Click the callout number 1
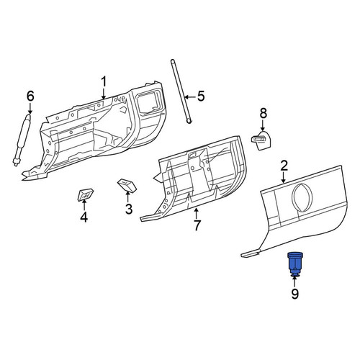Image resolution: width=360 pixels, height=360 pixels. click(x=104, y=82)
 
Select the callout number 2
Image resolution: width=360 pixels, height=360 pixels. click(x=284, y=166)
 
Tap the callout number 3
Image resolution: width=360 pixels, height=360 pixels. click(x=129, y=209)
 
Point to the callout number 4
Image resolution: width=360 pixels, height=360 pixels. click(x=84, y=217)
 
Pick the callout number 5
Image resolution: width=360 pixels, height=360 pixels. click(x=201, y=96)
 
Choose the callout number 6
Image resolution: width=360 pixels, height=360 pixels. click(x=30, y=96)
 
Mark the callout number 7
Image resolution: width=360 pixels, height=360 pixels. click(x=197, y=225)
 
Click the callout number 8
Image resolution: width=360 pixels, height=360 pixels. click(x=264, y=113)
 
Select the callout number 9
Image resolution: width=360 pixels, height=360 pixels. click(x=294, y=294)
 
